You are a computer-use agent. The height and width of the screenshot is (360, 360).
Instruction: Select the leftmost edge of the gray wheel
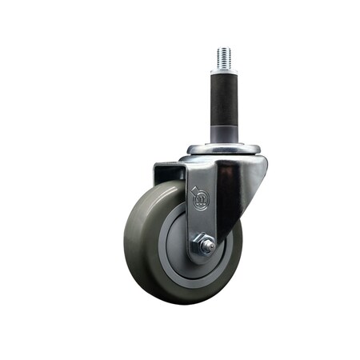coord(125,240)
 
